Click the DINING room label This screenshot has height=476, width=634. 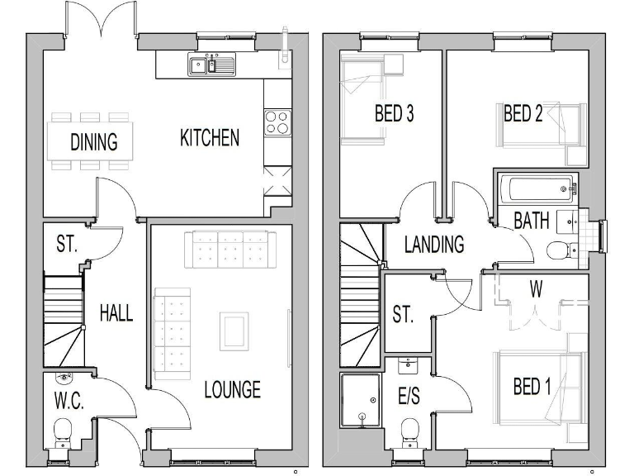point(93,142)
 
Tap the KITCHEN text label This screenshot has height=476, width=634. point(210,138)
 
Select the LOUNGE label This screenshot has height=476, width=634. point(232,388)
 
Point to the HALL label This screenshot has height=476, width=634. point(116,312)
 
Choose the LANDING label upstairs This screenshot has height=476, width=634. point(433,245)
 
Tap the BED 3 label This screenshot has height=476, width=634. point(394,114)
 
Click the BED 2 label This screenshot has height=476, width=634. point(523,114)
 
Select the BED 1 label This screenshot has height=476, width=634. point(532,387)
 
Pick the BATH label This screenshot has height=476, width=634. point(532,221)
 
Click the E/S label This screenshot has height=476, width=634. point(409,397)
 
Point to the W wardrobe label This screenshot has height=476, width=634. point(536,290)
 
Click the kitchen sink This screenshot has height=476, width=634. point(211,64)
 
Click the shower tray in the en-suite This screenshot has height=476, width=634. point(361,400)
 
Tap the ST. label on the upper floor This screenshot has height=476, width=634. point(402,315)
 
